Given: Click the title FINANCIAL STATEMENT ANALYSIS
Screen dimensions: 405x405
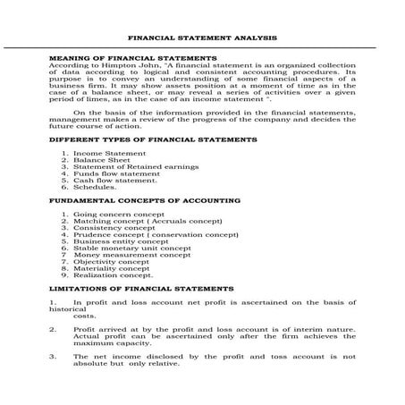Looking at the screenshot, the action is point(203,39).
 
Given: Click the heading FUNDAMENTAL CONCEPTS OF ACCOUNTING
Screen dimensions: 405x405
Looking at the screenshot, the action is point(144,202).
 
